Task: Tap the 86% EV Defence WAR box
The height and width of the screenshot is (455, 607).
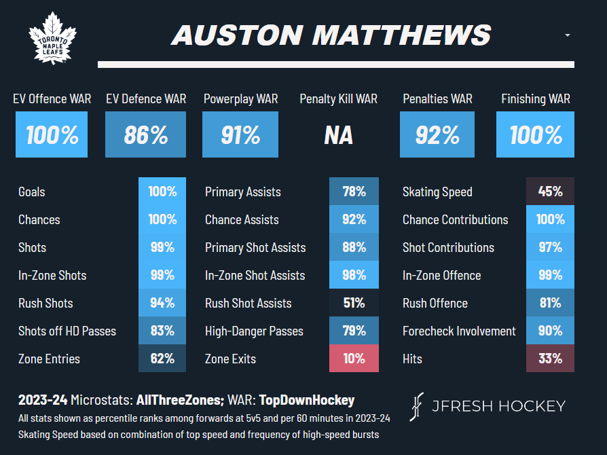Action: (145, 134)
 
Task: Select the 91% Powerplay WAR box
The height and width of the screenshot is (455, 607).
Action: (240, 134)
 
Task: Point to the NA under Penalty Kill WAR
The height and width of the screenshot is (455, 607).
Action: (338, 134)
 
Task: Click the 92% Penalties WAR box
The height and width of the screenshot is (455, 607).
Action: (437, 134)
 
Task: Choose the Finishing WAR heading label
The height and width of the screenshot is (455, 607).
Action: (535, 99)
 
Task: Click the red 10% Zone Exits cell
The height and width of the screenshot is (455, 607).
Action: (354, 359)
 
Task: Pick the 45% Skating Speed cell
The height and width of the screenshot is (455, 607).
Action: (550, 192)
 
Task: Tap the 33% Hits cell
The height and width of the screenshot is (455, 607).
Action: (550, 359)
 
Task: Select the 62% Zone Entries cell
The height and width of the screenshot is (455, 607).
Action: (162, 359)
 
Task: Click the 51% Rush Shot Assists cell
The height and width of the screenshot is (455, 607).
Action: (354, 303)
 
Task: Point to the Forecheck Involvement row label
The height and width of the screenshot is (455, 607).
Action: (459, 331)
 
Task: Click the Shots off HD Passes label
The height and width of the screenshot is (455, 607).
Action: (67, 331)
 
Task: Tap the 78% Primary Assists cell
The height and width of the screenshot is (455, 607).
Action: (354, 192)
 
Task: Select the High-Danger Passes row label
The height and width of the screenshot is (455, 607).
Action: (254, 331)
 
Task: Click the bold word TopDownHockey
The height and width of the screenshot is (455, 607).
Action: (308, 401)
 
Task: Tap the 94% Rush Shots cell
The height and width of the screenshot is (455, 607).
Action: (162, 303)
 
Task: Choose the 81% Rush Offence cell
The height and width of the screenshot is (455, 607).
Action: (550, 303)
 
